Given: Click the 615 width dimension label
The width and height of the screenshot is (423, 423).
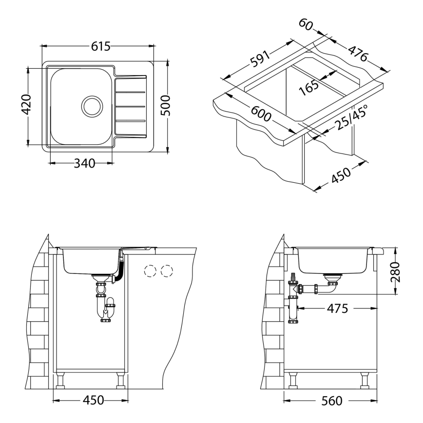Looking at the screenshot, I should pos(99,46).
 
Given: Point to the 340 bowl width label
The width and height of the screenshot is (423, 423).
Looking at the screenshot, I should pos(84,163).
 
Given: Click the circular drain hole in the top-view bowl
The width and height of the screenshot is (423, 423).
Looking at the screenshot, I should pos(92,105).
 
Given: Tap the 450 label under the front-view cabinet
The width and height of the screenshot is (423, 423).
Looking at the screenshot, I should pos(93,401).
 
